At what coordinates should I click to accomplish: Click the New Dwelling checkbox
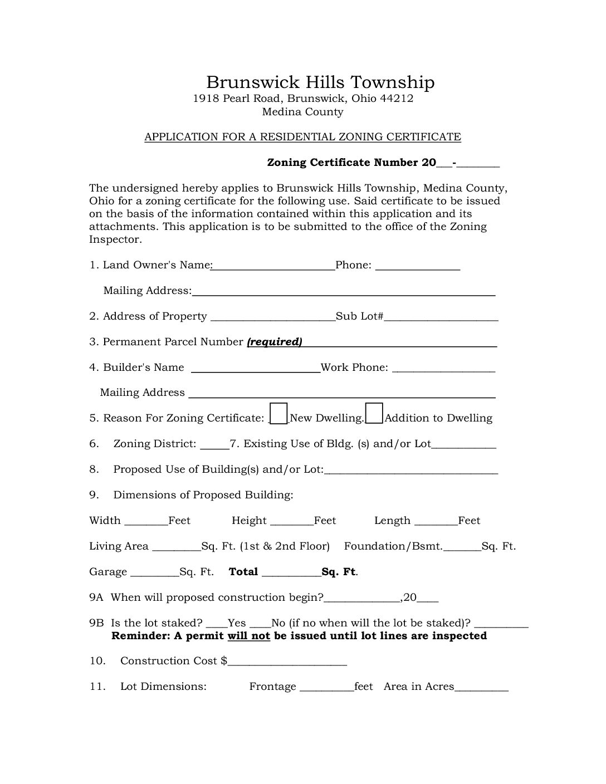click(x=278, y=414)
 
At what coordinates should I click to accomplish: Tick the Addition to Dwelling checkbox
click(x=374, y=414)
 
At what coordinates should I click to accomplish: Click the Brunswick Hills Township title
click(x=320, y=82)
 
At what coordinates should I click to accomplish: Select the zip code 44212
click(x=397, y=99)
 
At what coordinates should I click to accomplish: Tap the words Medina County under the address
click(x=302, y=112)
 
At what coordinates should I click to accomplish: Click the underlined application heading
click(x=302, y=137)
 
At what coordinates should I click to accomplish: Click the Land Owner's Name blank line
click(x=273, y=266)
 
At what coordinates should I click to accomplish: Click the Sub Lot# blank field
click(x=441, y=317)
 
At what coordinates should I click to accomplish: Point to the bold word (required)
click(x=274, y=342)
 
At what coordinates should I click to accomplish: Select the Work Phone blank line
click(x=443, y=368)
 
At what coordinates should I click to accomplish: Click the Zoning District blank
click(x=214, y=445)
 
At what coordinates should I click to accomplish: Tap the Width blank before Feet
click(x=146, y=521)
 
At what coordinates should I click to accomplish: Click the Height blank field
click(x=291, y=521)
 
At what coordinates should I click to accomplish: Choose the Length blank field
click(x=437, y=521)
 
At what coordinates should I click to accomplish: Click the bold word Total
click(x=243, y=572)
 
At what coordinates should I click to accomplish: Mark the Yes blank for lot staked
click(x=217, y=624)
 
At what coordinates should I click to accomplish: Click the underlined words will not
click(x=248, y=636)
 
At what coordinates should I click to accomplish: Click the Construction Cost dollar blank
click(x=287, y=661)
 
